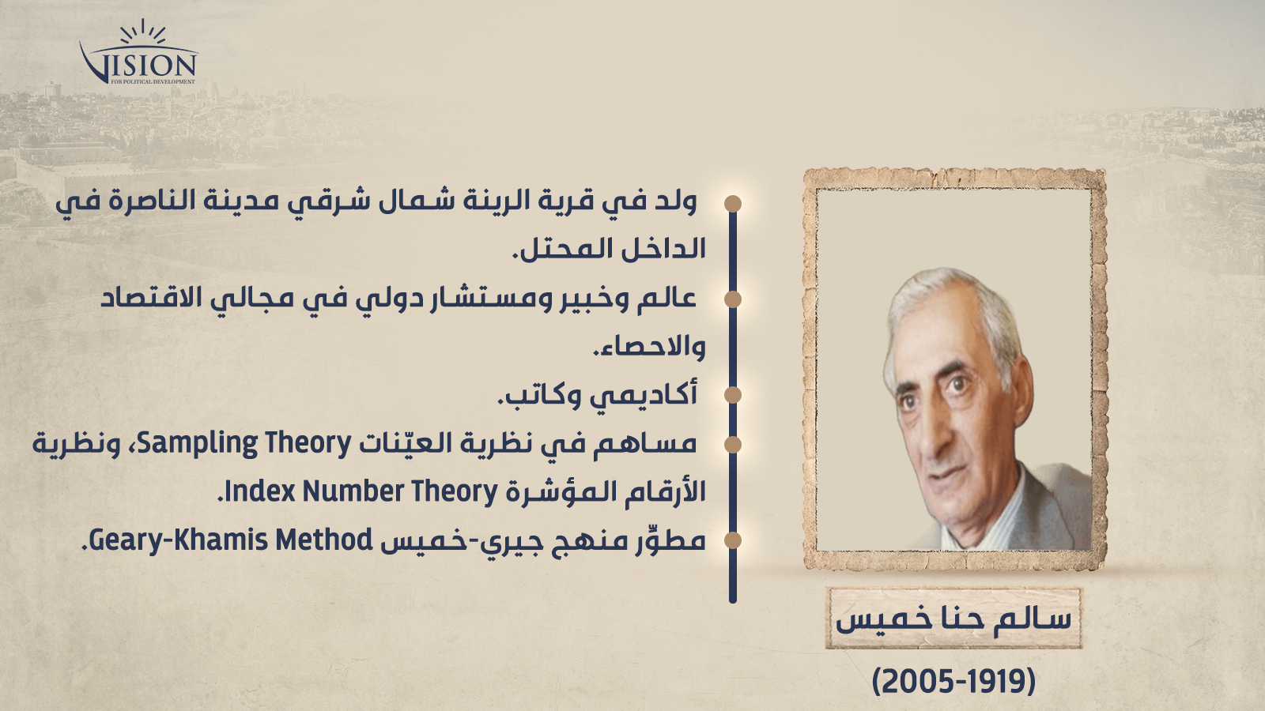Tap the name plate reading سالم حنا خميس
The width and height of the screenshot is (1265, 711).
pos(953,618)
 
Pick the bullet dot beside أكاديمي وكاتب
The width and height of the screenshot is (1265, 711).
pos(732,395)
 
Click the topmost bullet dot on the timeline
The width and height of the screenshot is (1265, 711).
pos(732,204)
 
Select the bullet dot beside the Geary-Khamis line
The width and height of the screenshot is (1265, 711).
pos(732,540)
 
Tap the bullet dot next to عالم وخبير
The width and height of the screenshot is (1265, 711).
pos(732,299)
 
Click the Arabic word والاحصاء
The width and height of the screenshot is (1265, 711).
pos(649,347)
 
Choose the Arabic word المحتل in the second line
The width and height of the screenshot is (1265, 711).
pos(561,250)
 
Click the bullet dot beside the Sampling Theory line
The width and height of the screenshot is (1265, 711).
pos(732,444)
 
